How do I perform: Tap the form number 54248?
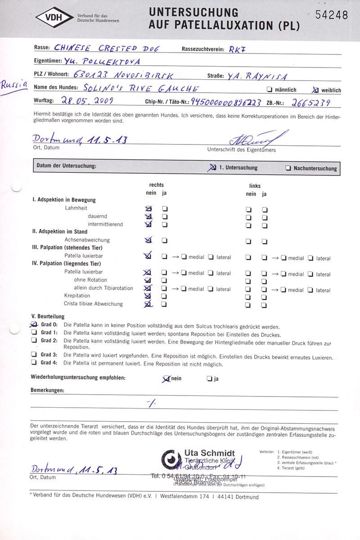(332, 15)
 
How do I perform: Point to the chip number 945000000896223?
(226, 102)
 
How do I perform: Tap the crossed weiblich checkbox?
(315, 90)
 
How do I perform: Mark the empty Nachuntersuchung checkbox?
(288, 168)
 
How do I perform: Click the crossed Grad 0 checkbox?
(34, 324)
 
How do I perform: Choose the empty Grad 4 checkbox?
(34, 363)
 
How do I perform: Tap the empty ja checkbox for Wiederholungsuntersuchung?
(209, 378)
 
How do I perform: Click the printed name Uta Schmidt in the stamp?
(209, 453)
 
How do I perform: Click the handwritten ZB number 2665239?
(311, 102)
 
